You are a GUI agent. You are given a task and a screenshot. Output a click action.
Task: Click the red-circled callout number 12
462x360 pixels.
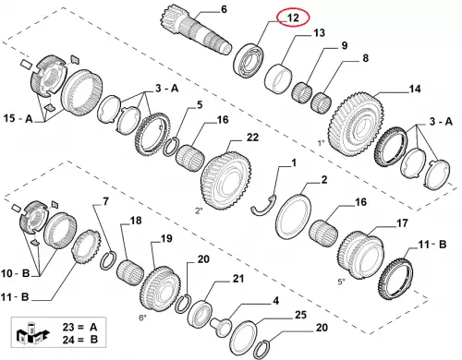tap(293, 18)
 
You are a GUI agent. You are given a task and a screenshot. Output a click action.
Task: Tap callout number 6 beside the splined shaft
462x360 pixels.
tap(224, 9)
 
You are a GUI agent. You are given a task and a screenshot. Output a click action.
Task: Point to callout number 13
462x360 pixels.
tap(319, 32)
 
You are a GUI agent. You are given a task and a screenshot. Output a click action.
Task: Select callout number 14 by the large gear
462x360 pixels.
tap(415, 89)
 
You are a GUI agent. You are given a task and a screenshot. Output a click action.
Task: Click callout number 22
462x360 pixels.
tap(252, 138)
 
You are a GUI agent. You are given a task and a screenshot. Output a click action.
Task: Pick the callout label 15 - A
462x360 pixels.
tap(18, 118)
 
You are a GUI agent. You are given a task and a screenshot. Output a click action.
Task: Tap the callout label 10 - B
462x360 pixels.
tap(15, 273)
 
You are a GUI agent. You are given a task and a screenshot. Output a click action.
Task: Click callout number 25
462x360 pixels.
tap(300, 315)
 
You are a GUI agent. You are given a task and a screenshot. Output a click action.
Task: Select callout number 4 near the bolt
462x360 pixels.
tap(275, 301)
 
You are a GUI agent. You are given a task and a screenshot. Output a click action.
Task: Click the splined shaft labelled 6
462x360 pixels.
tap(195, 33)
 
